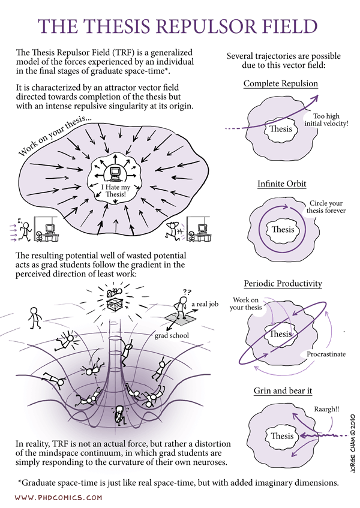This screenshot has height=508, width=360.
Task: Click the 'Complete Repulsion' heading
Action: (x=280, y=83)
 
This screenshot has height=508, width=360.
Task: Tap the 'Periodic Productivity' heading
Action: (x=283, y=283)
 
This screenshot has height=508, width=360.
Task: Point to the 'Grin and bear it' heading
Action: (x=282, y=391)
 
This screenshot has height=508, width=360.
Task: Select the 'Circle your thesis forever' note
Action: (x=326, y=207)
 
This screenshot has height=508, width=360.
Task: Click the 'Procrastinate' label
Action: (x=326, y=354)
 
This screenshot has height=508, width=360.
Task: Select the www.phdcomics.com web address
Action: (x=58, y=497)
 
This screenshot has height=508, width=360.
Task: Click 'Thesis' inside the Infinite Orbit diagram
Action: (x=283, y=229)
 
